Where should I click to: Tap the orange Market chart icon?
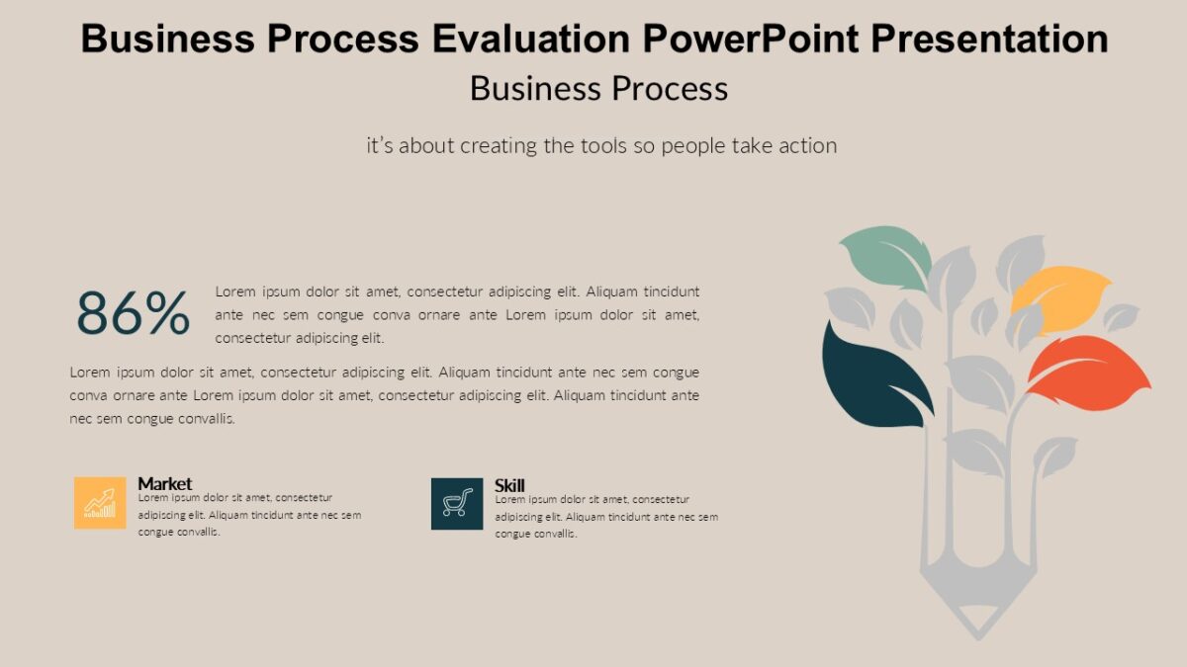[100, 503]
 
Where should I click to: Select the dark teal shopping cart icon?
[456, 503]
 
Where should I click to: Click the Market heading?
[164, 483]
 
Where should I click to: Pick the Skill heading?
[509, 484]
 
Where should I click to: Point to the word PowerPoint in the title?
[752, 40]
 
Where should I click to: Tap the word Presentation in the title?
[990, 40]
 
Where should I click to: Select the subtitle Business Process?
[598, 88]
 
